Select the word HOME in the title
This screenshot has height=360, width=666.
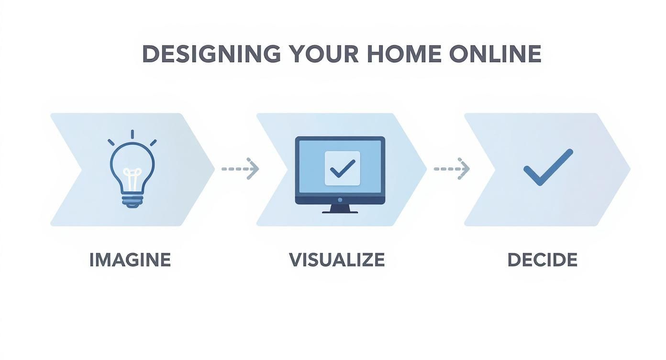[404, 54]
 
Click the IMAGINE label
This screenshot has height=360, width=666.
[130, 260]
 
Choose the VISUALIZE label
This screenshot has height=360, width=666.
[337, 260]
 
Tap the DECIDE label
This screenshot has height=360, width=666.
[542, 260]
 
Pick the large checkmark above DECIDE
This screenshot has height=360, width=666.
[547, 168]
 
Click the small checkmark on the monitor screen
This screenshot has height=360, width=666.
[342, 169]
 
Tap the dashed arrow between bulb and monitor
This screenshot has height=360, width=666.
[240, 169]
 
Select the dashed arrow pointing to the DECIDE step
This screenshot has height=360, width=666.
[452, 169]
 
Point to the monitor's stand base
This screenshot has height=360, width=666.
[340, 211]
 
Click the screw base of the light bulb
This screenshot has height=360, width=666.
[132, 200]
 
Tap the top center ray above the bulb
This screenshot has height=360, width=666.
[132, 134]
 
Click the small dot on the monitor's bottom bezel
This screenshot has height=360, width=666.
[340, 199]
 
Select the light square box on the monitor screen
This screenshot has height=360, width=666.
[342, 169]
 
